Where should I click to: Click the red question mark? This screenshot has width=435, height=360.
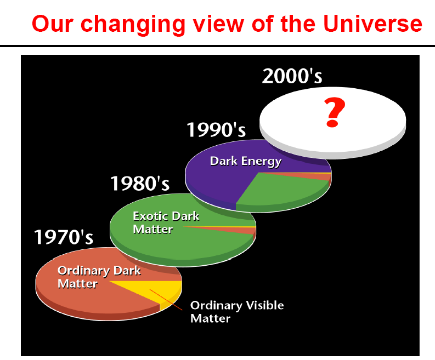tap(334, 112)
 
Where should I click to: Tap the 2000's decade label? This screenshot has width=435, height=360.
tap(292, 76)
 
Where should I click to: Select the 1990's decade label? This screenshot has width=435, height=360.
tap(216, 130)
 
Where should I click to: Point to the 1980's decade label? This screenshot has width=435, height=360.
tap(140, 184)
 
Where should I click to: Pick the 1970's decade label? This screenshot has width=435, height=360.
tap(64, 237)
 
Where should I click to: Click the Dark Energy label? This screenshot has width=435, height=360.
tap(246, 161)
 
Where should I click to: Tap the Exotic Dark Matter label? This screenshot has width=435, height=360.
tap(166, 222)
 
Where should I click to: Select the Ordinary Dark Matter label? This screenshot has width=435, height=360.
tap(99, 277)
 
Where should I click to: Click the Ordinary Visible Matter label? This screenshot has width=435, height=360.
tap(237, 311)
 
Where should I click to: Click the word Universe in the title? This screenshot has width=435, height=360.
tap(372, 23)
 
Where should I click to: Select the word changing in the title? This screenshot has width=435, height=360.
tap(133, 25)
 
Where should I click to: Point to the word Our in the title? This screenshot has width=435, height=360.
tap(53, 24)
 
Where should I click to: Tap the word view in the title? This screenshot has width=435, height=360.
tap(218, 24)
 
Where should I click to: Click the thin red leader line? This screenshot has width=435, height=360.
tap(166, 300)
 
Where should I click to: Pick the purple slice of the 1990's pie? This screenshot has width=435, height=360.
tap(222, 178)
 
